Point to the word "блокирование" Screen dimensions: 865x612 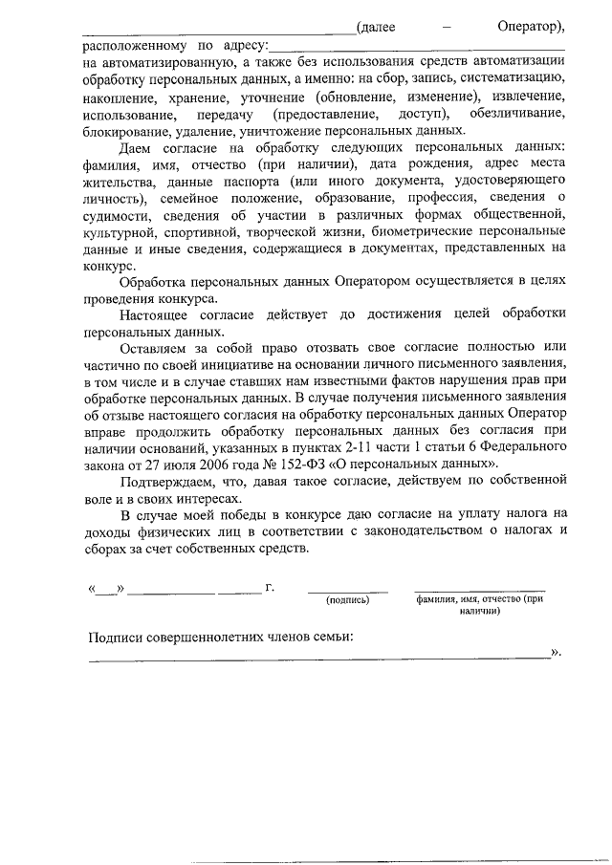click(126, 131)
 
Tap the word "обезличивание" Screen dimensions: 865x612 click(518, 114)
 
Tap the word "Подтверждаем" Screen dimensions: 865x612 click(173, 469)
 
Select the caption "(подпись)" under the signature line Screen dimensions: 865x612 click(347, 601)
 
